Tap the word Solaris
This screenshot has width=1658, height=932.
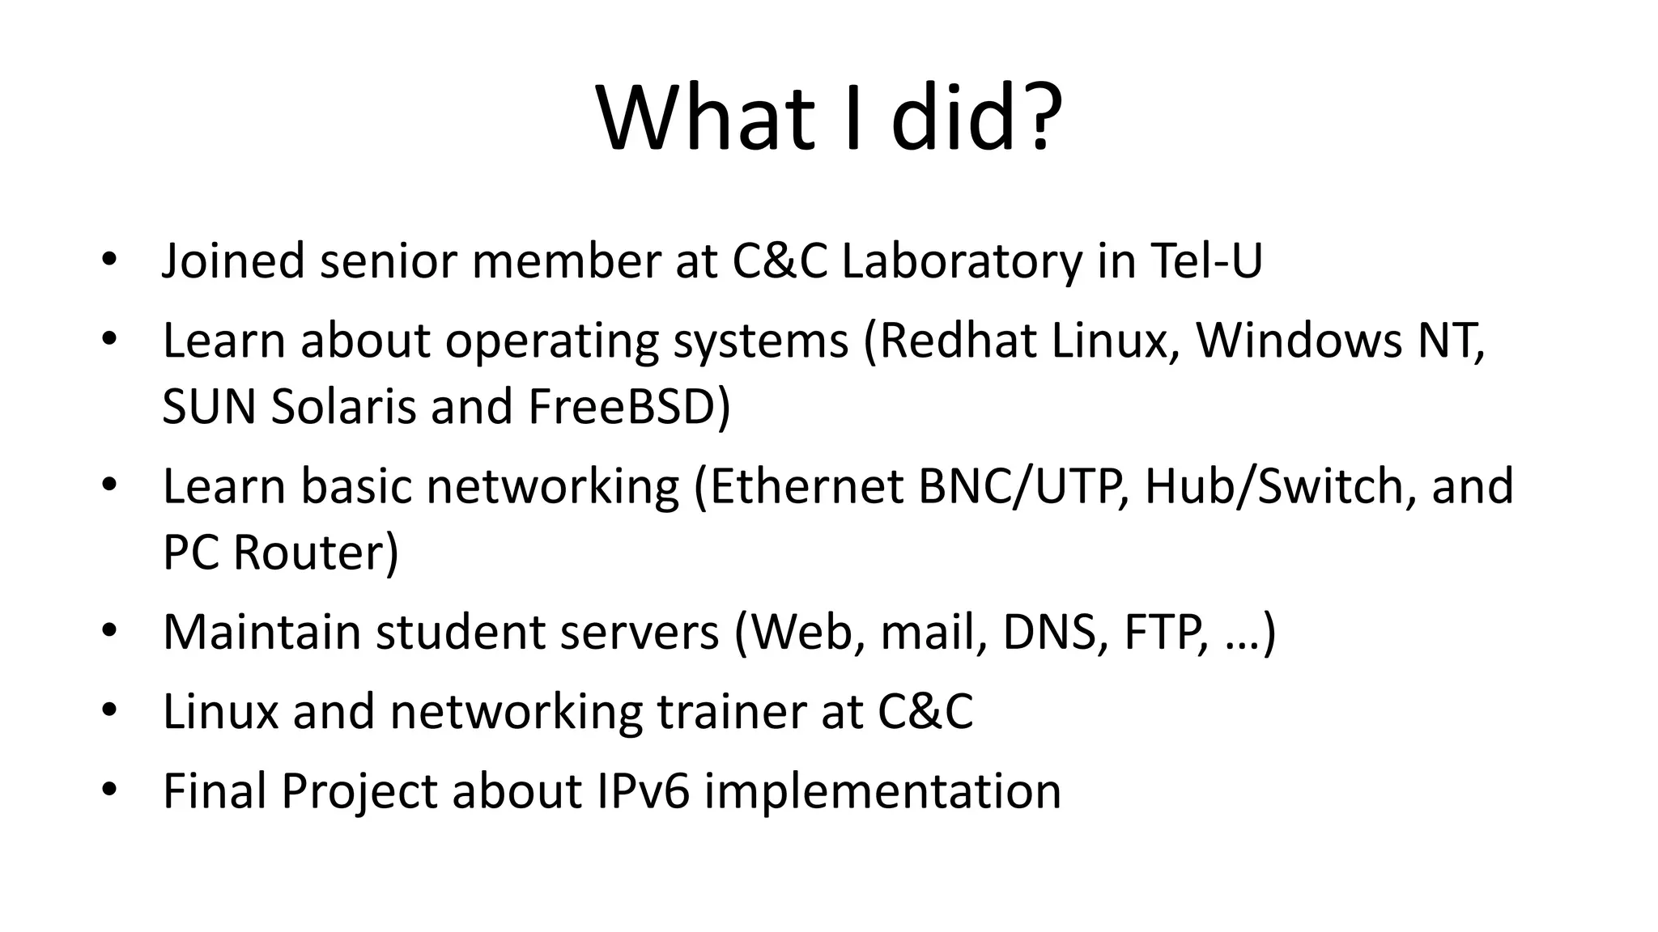click(342, 406)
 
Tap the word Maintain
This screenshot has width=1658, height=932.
click(261, 632)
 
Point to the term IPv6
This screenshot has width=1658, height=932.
click(643, 790)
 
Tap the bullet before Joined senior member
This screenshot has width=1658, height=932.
click(110, 261)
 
